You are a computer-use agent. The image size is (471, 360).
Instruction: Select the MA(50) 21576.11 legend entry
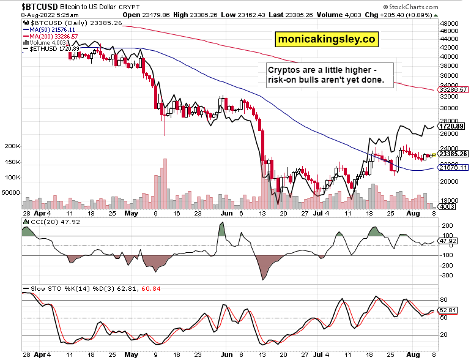pos(50,29)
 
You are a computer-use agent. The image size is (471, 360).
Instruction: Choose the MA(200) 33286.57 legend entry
pos(51,36)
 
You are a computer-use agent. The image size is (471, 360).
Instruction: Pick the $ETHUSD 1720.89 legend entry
pos(53,48)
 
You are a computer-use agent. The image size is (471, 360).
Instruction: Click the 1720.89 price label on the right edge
pos(453,126)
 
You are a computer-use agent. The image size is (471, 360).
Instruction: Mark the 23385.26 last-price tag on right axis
pos(453,154)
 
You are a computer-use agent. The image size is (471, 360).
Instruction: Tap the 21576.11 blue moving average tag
pos(453,167)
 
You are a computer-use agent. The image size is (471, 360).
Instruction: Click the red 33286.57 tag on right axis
pos(453,89)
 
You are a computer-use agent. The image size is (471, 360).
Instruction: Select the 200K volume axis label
pos(12,147)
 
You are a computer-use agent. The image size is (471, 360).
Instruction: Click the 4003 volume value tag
pos(447,207)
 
